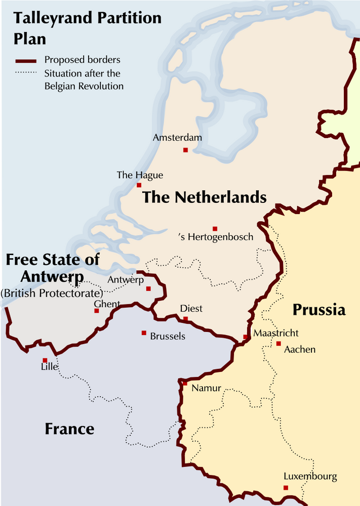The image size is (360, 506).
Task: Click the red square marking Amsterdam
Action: click(x=185, y=150)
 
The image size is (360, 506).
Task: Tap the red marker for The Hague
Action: click(x=139, y=185)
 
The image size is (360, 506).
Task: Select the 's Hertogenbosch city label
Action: click(x=216, y=237)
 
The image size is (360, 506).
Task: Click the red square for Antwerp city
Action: click(x=148, y=289)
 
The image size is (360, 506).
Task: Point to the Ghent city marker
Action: click(x=96, y=311)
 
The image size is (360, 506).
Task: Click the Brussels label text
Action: click(x=168, y=336)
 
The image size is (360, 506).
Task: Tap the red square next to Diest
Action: click(x=185, y=319)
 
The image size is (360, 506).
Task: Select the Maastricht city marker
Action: click(x=246, y=337)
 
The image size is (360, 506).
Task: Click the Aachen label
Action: click(x=300, y=350)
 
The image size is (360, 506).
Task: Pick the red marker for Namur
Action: click(x=185, y=383)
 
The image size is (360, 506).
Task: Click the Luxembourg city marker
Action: click(x=286, y=488)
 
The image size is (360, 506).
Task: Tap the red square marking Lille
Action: click(x=45, y=360)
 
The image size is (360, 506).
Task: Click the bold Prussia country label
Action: click(x=319, y=310)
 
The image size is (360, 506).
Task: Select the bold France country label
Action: click(x=69, y=429)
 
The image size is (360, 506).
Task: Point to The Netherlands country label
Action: click(x=204, y=197)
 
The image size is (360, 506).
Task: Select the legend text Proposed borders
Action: click(x=82, y=60)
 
